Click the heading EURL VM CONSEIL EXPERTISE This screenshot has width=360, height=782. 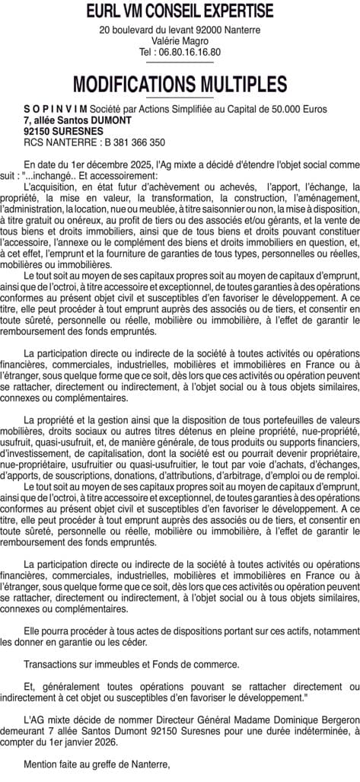tap(180, 11)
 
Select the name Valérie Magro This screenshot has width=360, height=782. tap(180, 41)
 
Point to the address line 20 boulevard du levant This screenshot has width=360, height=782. tap(152, 30)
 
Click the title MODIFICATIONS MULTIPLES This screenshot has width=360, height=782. tap(180, 85)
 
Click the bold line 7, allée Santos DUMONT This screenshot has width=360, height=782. tap(78, 120)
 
